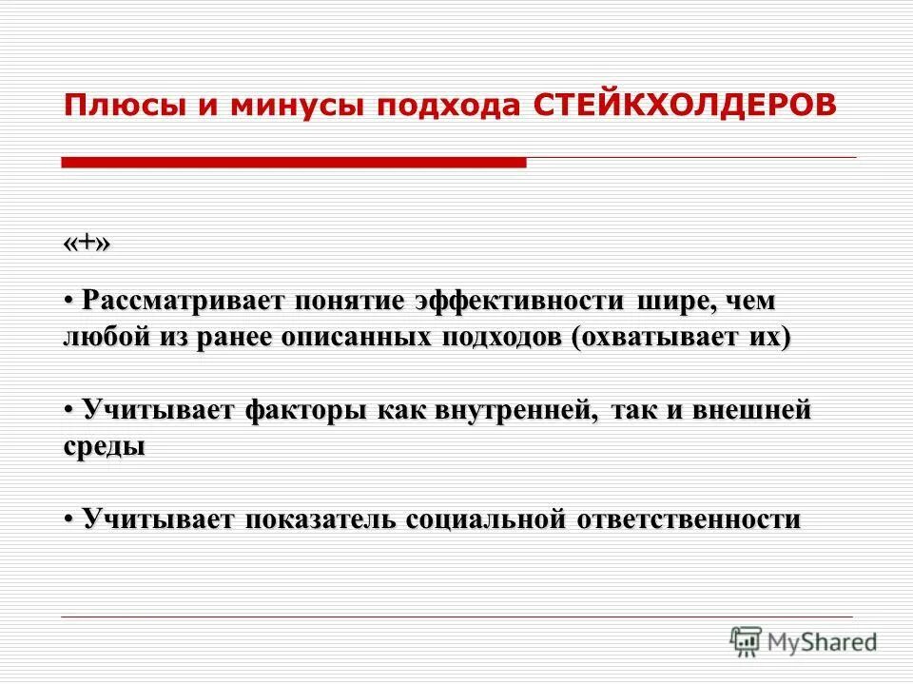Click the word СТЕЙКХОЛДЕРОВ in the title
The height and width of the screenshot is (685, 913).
[x=685, y=105]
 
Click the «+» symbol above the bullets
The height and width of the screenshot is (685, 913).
[x=87, y=244]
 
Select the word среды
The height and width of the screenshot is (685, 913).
[x=105, y=448]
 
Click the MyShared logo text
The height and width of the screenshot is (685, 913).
[x=824, y=642]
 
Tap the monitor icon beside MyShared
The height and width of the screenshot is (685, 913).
[x=747, y=640]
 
